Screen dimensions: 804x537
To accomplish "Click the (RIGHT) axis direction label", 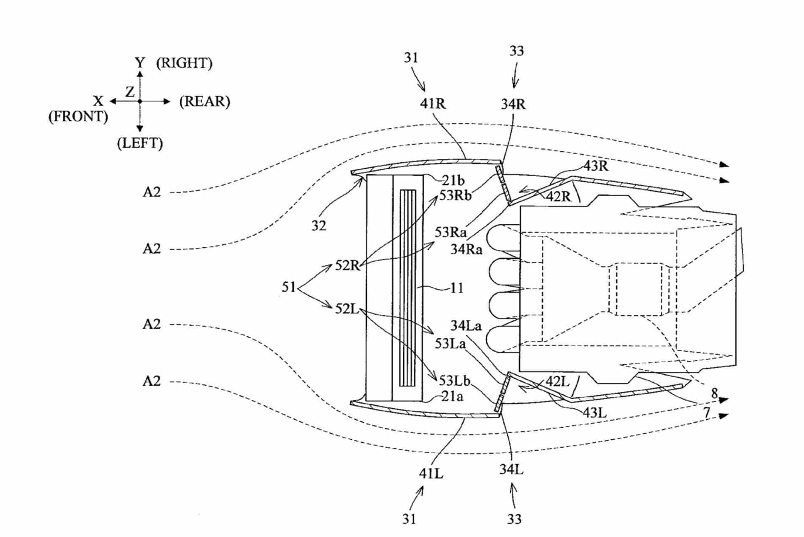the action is pyautogui.click(x=184, y=63).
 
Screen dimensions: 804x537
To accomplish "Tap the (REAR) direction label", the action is pyautogui.click(x=205, y=102).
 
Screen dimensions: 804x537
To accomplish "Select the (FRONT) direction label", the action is pyautogui.click(x=78, y=116).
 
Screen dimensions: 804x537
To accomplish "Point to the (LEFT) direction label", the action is pyautogui.click(x=140, y=143).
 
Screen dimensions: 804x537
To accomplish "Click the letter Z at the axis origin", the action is pyautogui.click(x=130, y=91).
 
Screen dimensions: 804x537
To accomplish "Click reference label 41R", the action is pyautogui.click(x=433, y=103).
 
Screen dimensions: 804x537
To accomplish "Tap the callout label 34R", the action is pyautogui.click(x=513, y=104).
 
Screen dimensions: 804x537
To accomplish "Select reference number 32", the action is pyautogui.click(x=319, y=226).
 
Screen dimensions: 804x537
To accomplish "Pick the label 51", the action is pyautogui.click(x=289, y=287).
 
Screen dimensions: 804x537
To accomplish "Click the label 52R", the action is pyautogui.click(x=348, y=265).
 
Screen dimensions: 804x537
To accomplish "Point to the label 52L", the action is pyautogui.click(x=347, y=309).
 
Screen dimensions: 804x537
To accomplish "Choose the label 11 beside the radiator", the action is pyautogui.click(x=457, y=288).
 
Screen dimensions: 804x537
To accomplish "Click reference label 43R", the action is pyautogui.click(x=596, y=166).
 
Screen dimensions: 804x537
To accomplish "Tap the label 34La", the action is pyautogui.click(x=466, y=326).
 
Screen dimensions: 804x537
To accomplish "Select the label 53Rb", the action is pyautogui.click(x=456, y=195).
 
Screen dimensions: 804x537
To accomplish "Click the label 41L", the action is pyautogui.click(x=431, y=474).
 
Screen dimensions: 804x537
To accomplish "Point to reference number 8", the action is pyautogui.click(x=715, y=393).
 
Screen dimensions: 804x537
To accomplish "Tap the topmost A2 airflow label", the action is pyautogui.click(x=152, y=192).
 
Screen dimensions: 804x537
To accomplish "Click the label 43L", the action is pyautogui.click(x=595, y=413).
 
